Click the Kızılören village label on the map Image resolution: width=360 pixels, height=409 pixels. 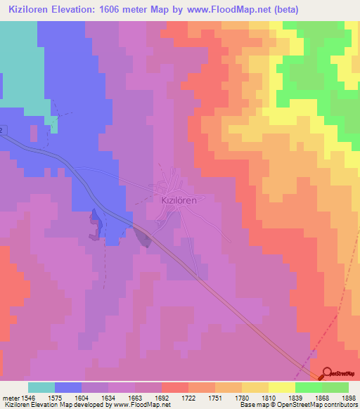(x=175, y=199)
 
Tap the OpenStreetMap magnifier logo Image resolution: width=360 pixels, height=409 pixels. (x=328, y=374)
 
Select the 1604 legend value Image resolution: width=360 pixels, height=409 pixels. (x=68, y=397)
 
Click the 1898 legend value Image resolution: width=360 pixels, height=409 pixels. (x=349, y=397)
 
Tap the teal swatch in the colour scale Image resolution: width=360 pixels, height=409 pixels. (x=41, y=387)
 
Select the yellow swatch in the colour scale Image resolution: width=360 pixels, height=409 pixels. (x=281, y=387)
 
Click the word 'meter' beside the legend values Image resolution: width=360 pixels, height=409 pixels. (x=9, y=397)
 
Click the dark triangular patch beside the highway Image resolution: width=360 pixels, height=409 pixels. (x=144, y=238)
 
